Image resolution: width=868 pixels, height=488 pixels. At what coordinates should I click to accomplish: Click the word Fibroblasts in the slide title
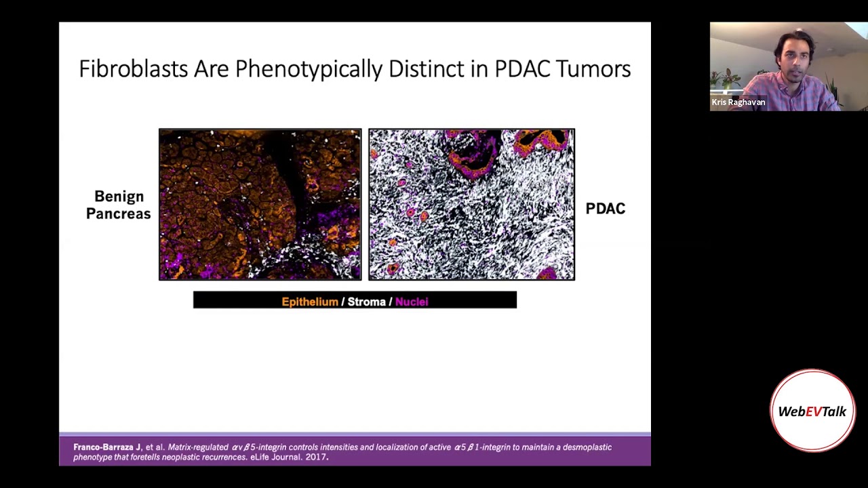[x=133, y=69]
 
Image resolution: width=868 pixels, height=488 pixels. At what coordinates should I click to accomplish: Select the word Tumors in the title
[x=593, y=69]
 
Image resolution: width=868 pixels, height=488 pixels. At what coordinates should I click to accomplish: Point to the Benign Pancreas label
[x=119, y=205]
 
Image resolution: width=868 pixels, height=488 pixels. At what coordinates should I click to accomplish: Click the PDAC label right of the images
[x=605, y=209]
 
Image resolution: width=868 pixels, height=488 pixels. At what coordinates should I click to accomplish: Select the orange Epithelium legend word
[x=309, y=302]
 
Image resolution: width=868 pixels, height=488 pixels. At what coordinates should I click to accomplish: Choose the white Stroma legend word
[x=366, y=302]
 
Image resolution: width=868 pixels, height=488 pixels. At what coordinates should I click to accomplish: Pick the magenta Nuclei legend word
[x=412, y=302]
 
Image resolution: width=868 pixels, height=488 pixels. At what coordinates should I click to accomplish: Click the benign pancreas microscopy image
[x=260, y=204]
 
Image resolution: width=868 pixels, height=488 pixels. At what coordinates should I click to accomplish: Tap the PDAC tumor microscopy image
[x=471, y=204]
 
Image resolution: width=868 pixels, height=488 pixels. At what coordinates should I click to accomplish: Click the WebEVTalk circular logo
[x=812, y=411]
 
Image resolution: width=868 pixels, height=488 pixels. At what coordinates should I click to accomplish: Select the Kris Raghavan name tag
[x=738, y=102]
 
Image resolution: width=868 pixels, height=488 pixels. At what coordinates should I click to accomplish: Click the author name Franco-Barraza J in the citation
[x=106, y=447]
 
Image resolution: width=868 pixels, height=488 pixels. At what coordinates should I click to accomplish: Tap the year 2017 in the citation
[x=316, y=457]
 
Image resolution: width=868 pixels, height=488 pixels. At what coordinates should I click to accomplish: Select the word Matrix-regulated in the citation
[x=198, y=447]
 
